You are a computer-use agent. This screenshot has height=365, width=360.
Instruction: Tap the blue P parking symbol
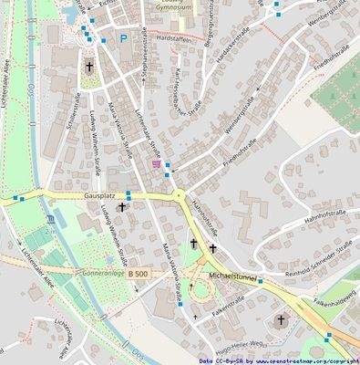tap(123, 38)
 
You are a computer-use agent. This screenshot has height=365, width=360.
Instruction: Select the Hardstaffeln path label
tap(174, 39)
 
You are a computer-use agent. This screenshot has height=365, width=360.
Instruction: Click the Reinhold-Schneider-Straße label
tap(318, 259)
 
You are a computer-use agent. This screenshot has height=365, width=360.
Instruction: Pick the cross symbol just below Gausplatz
tap(121, 208)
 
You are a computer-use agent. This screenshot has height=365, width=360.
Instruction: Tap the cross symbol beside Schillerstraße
tap(89, 67)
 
